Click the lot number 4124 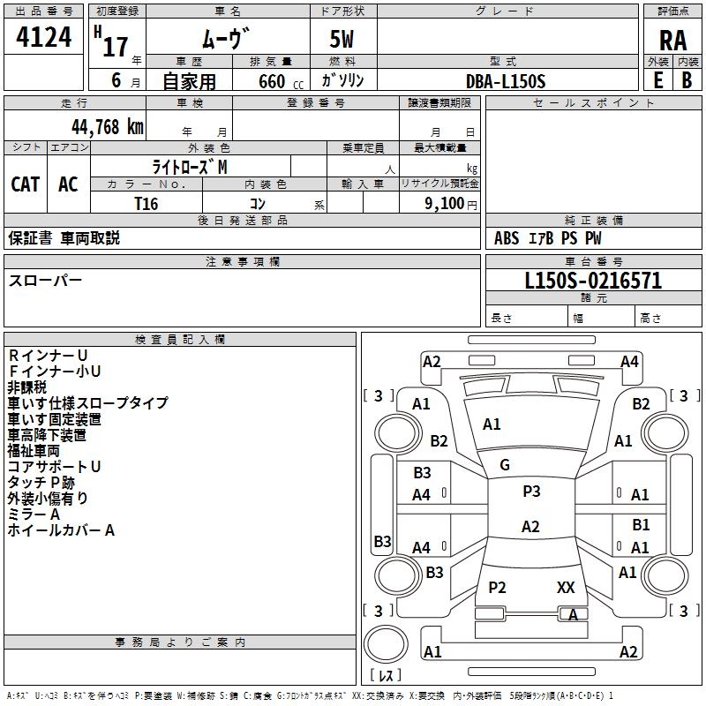click(43, 37)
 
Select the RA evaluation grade click(672, 41)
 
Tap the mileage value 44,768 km click(107, 127)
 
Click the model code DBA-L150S click(506, 81)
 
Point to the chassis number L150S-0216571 click(593, 281)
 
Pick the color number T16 click(146, 204)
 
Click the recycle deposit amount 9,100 click(445, 204)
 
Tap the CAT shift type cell click(26, 184)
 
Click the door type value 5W click(342, 39)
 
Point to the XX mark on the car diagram click(566, 587)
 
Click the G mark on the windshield click(505, 465)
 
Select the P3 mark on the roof click(531, 492)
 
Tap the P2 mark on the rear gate click(497, 587)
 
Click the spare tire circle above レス click(386, 643)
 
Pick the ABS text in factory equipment click(507, 238)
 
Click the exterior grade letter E click(658, 80)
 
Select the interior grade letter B click(687, 80)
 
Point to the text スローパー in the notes click(45, 281)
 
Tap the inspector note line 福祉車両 click(34, 451)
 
